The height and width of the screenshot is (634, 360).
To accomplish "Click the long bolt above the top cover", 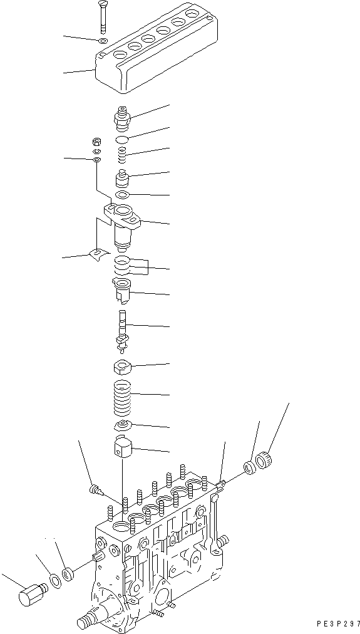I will pyautogui.click(x=102, y=18).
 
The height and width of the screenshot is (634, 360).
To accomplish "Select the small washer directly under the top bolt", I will pyautogui.click(x=103, y=41).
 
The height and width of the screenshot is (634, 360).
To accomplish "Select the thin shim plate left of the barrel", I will pyautogui.click(x=98, y=254).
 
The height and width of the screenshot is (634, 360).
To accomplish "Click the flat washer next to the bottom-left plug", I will pyautogui.click(x=55, y=579).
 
